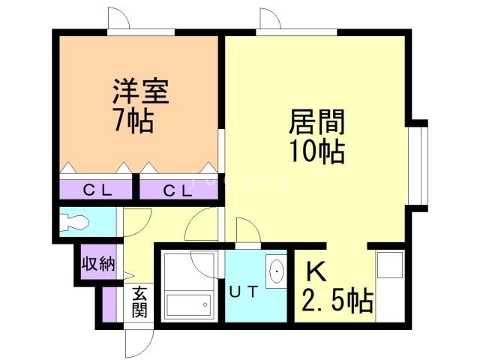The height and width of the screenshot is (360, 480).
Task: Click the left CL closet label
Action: click(x=97, y=190)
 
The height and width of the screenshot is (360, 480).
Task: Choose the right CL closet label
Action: click(x=178, y=190)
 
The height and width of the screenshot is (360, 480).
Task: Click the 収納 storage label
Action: click(x=97, y=264)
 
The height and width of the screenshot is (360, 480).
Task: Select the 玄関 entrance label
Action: click(x=140, y=303)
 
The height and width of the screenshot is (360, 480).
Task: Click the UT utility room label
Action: click(x=244, y=292)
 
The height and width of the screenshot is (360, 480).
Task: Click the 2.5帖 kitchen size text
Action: click(x=337, y=301)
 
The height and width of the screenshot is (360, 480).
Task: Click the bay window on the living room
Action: click(x=422, y=161)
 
